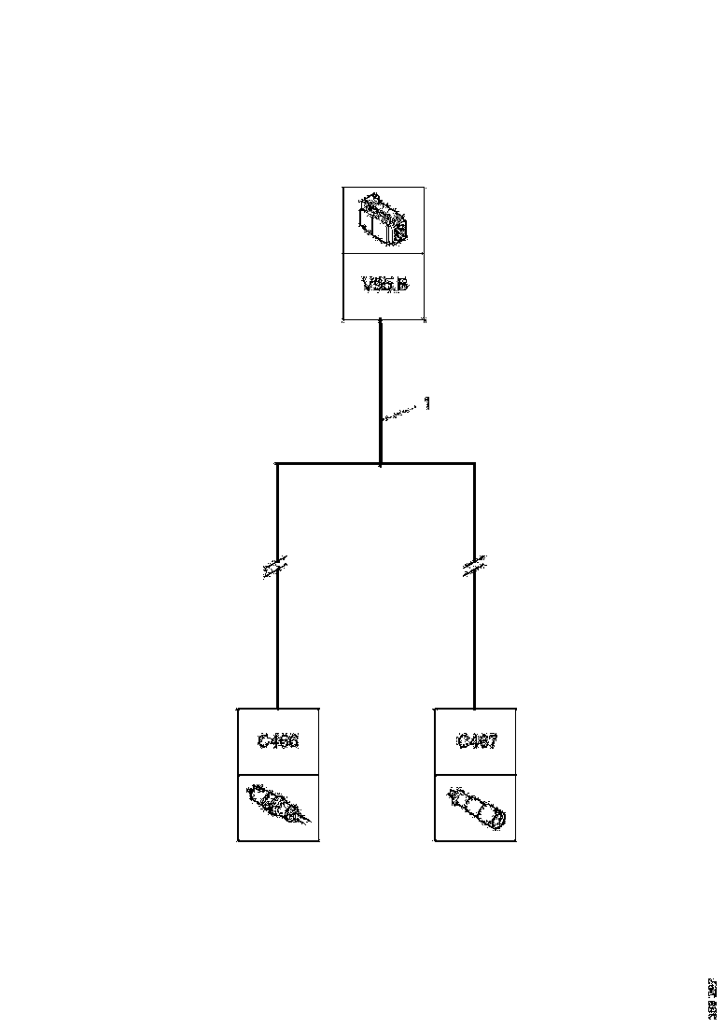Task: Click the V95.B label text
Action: click(x=384, y=284)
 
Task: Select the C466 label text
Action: click(x=277, y=741)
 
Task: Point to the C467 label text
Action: click(x=476, y=741)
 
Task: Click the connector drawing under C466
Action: click(x=277, y=806)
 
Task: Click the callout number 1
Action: click(x=426, y=403)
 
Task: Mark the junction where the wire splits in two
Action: click(x=381, y=462)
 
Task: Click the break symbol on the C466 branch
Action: click(x=277, y=568)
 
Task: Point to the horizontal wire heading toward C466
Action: click(x=327, y=462)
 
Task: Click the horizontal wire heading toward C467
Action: click(x=429, y=462)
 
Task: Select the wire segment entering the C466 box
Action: click(x=277, y=672)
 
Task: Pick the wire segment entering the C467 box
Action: click(x=474, y=672)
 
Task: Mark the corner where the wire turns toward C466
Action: click(x=277, y=462)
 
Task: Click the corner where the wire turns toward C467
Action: click(x=474, y=462)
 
